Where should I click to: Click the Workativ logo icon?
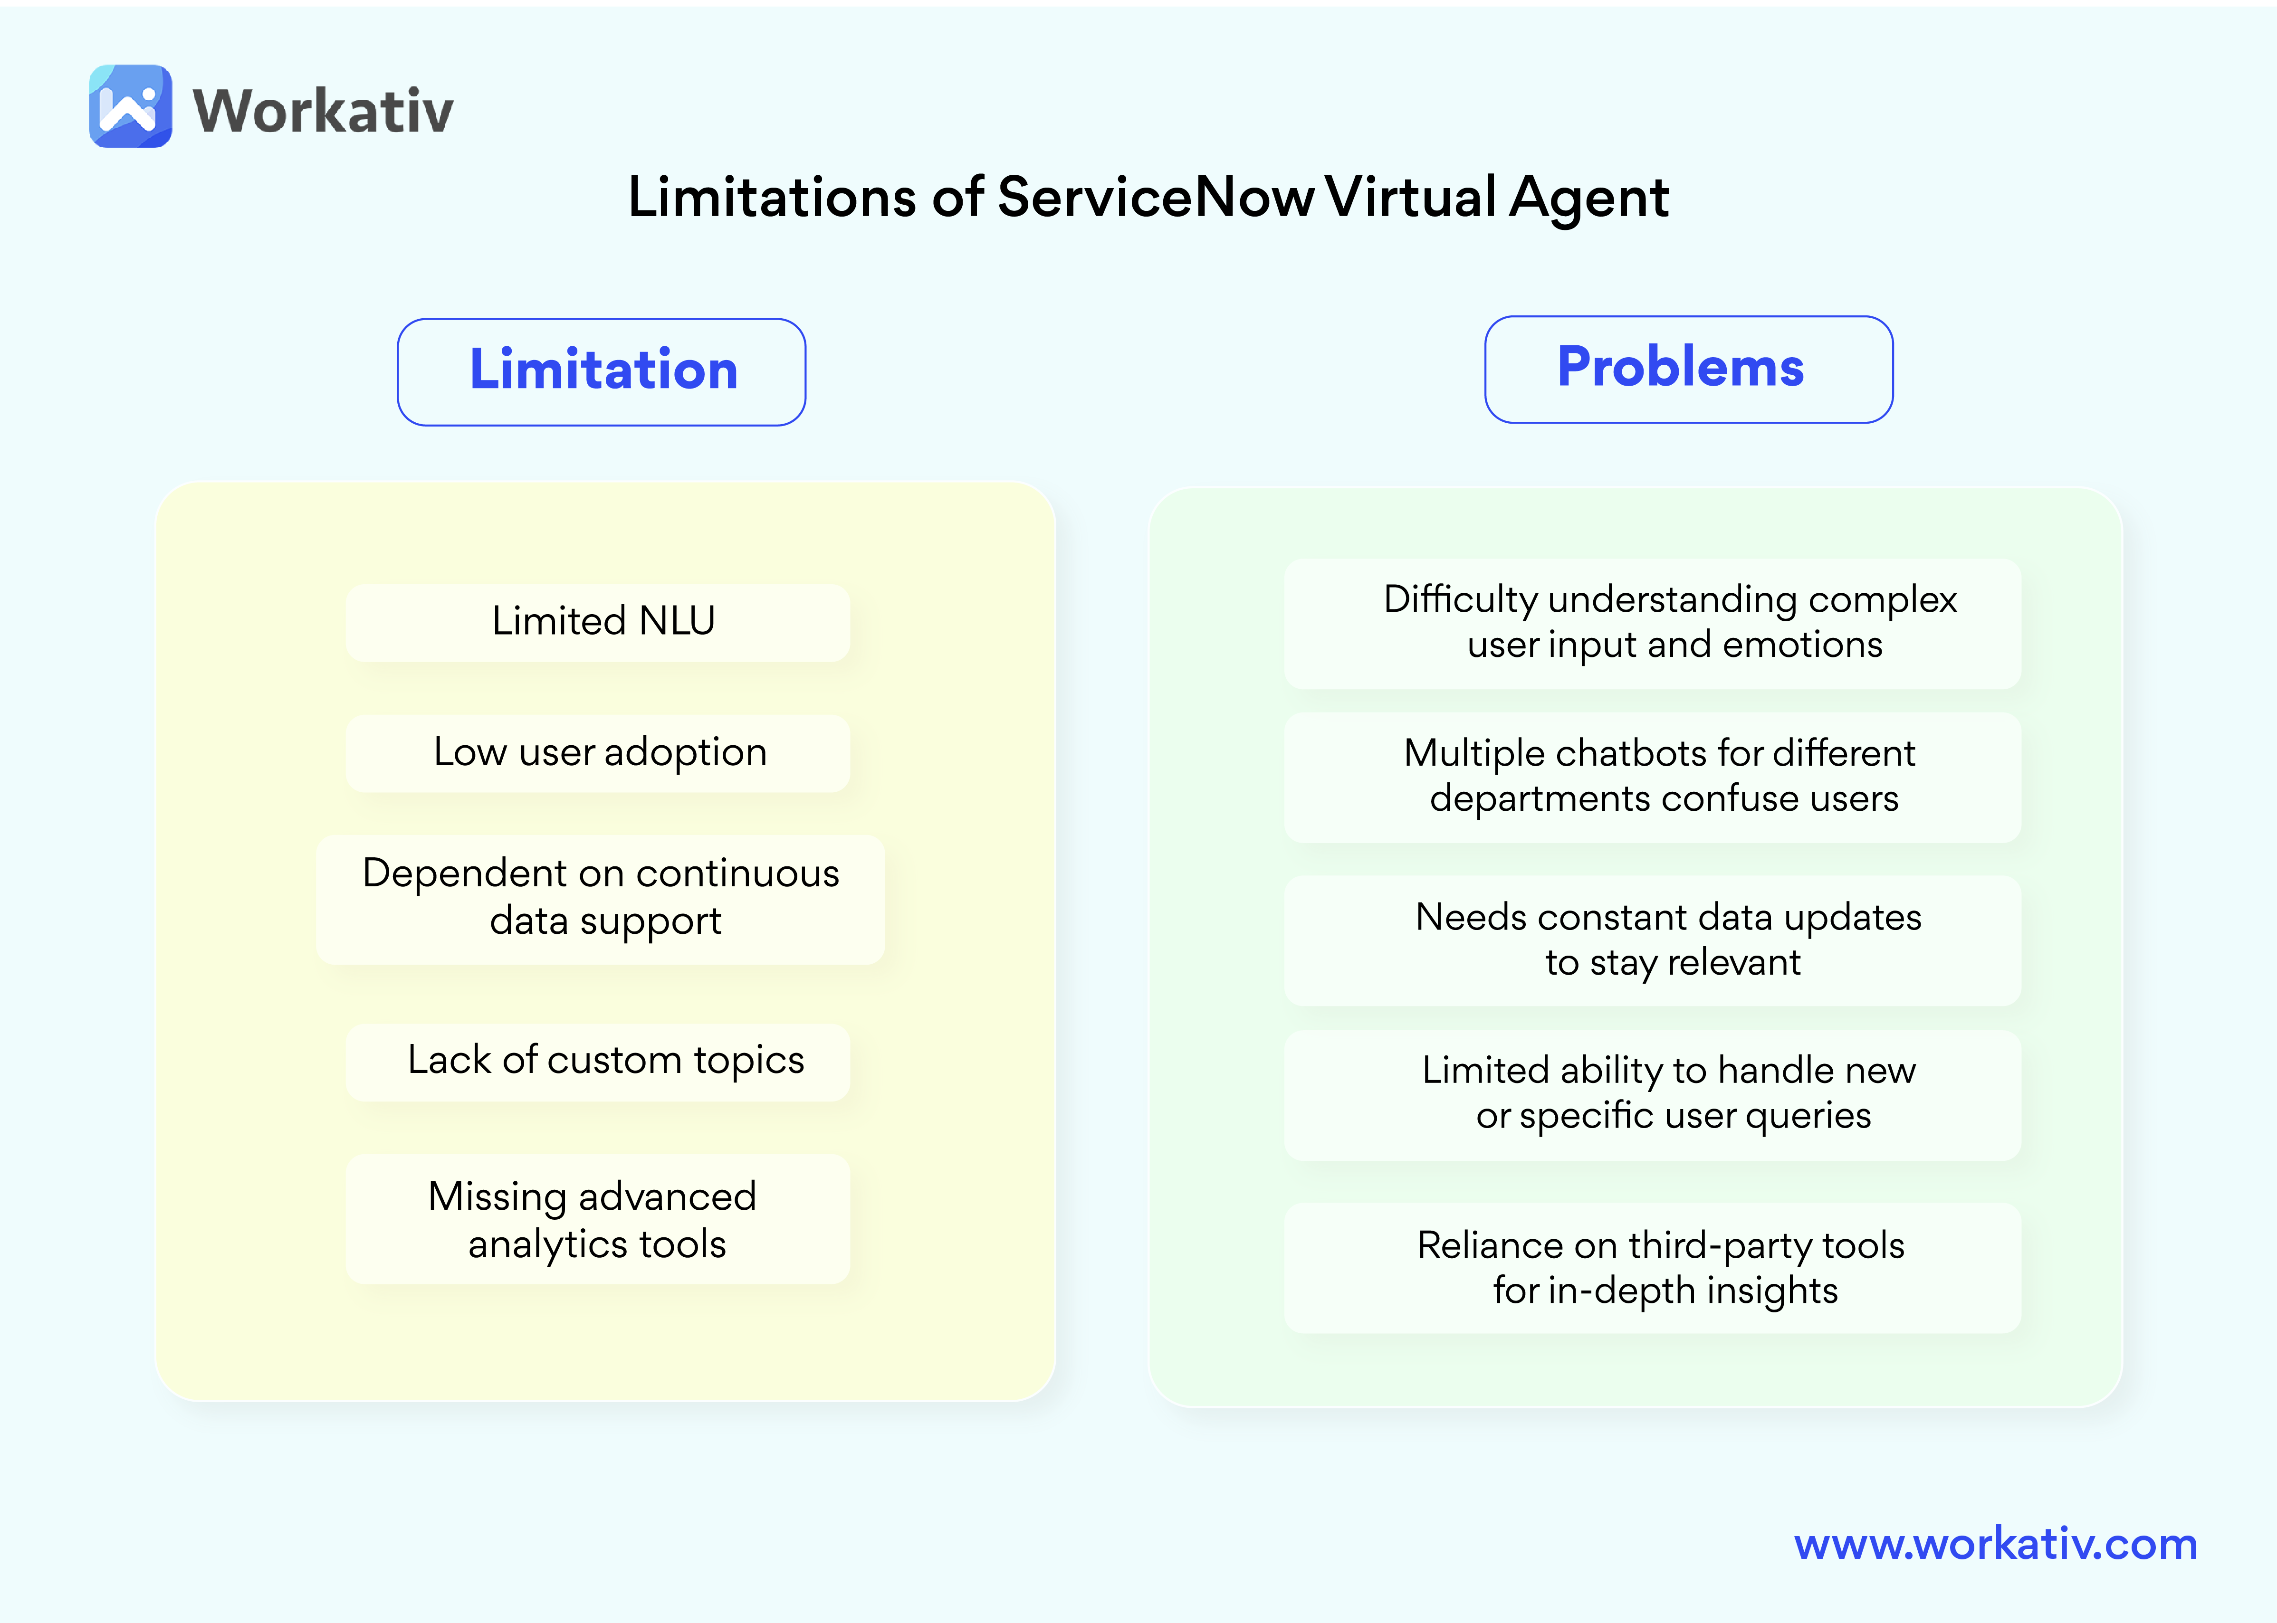point(130,107)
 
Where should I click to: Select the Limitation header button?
point(602,372)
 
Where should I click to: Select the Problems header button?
point(1688,369)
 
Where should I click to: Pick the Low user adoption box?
point(598,752)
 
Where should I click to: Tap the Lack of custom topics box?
point(598,1062)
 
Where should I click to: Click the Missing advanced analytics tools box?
point(598,1219)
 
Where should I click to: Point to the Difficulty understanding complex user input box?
point(1652,623)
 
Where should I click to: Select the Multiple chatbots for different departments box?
point(1652,777)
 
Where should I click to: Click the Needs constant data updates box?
point(1652,940)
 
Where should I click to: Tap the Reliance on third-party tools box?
point(1652,1267)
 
